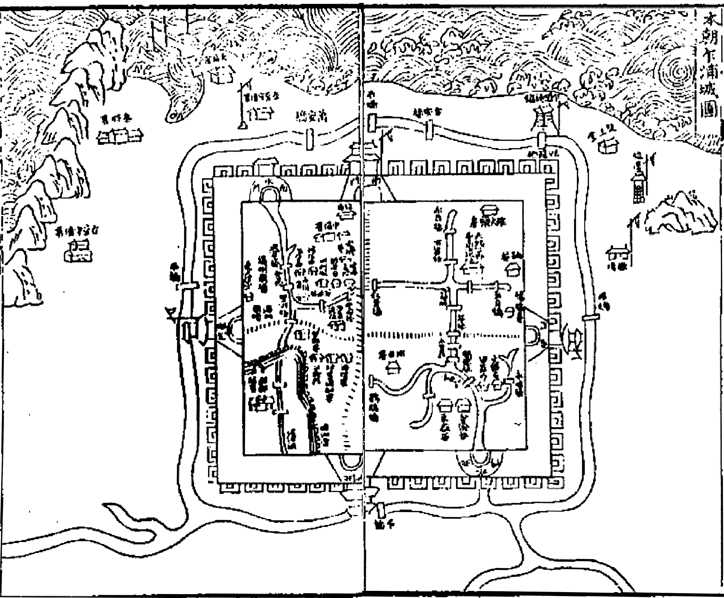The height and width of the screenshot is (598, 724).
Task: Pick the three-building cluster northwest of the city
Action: (120, 136)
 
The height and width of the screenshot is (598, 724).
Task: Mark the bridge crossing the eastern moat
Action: (590, 317)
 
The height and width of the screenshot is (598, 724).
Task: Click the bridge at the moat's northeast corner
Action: (542, 139)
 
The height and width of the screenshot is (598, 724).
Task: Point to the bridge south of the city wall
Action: (380, 510)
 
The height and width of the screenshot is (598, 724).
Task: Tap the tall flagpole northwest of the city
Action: (243, 103)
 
